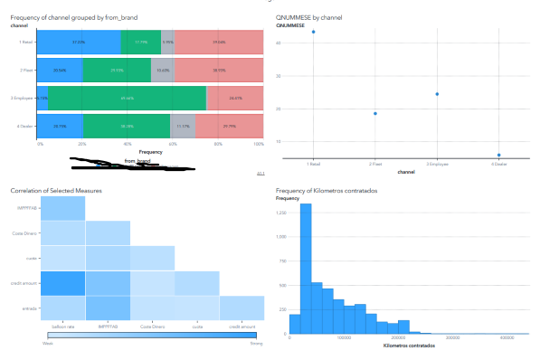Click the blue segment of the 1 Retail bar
(x=80, y=43)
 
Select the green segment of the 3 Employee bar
(x=128, y=99)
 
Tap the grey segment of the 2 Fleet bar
(x=162, y=71)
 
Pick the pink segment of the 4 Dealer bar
(x=229, y=127)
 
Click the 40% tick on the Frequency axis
(x=128, y=145)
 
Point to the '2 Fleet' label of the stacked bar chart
(x=26, y=71)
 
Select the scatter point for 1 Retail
(x=313, y=32)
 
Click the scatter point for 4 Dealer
(x=498, y=155)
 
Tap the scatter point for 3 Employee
(x=437, y=94)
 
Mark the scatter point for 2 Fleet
(x=374, y=113)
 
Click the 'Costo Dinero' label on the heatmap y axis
(x=24, y=233)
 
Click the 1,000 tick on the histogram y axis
(x=281, y=236)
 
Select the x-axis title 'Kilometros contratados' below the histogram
(x=409, y=346)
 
